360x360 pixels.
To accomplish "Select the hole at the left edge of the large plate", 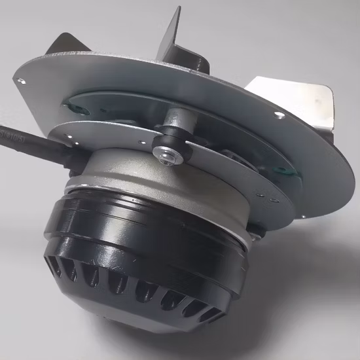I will pyautogui.click(x=24, y=81).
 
